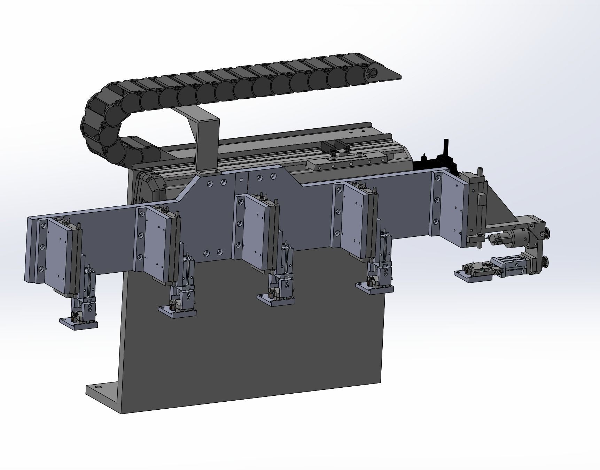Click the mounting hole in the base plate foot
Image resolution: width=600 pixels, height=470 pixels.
click(98, 387)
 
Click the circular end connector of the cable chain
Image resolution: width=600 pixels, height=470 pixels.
click(372, 73)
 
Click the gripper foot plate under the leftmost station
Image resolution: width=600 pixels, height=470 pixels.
click(78, 324)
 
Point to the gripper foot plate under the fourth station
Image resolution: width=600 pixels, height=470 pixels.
click(374, 289)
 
